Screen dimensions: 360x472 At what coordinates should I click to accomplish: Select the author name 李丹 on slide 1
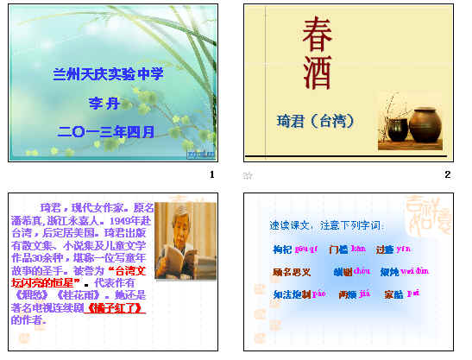[x=109, y=104]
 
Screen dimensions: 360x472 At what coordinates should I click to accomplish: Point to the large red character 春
[x=317, y=34]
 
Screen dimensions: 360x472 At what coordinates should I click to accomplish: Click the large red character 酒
[x=316, y=75]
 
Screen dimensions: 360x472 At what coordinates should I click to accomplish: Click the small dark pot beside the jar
[x=398, y=130]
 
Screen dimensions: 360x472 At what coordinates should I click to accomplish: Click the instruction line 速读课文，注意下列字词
[x=327, y=225]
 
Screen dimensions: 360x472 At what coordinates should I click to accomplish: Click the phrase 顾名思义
[x=291, y=272]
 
